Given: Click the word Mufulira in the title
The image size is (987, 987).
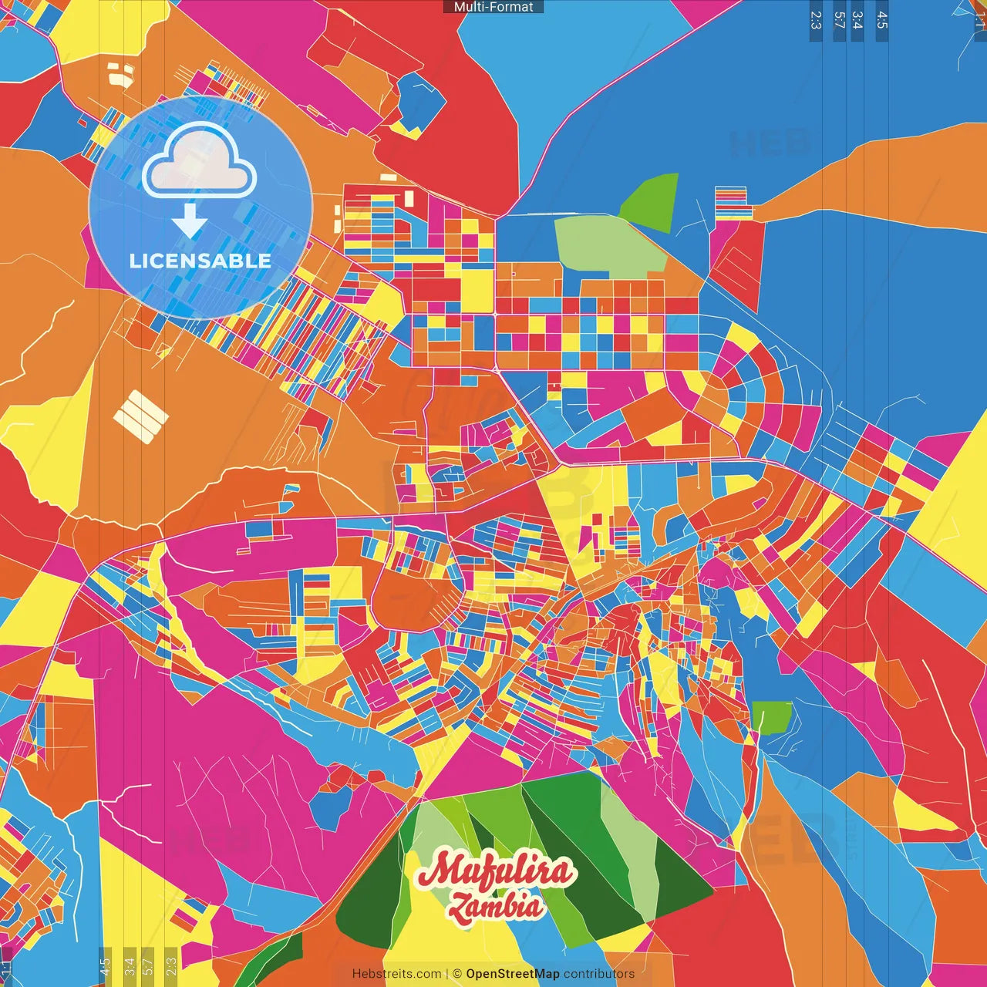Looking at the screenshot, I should [496, 871].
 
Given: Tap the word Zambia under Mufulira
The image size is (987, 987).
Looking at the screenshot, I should [497, 907].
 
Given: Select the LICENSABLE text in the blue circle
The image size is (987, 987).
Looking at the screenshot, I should [200, 261].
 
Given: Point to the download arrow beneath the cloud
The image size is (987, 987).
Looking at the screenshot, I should [190, 221].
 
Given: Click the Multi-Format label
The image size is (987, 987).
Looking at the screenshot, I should [493, 7].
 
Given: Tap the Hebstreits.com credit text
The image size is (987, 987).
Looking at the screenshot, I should [396, 974].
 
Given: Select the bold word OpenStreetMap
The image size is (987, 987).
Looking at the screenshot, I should [513, 974].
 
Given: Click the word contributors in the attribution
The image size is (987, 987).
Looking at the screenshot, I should [599, 974].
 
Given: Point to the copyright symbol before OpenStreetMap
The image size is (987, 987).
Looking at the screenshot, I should [457, 974].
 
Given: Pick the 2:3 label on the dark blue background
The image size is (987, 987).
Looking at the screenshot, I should [816, 20].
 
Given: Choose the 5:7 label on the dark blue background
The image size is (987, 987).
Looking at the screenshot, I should [839, 20].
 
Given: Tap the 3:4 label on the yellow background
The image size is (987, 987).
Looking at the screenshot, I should [130, 966].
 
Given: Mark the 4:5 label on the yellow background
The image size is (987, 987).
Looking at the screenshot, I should [105, 966].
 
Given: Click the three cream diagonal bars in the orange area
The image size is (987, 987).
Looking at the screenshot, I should [140, 416].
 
